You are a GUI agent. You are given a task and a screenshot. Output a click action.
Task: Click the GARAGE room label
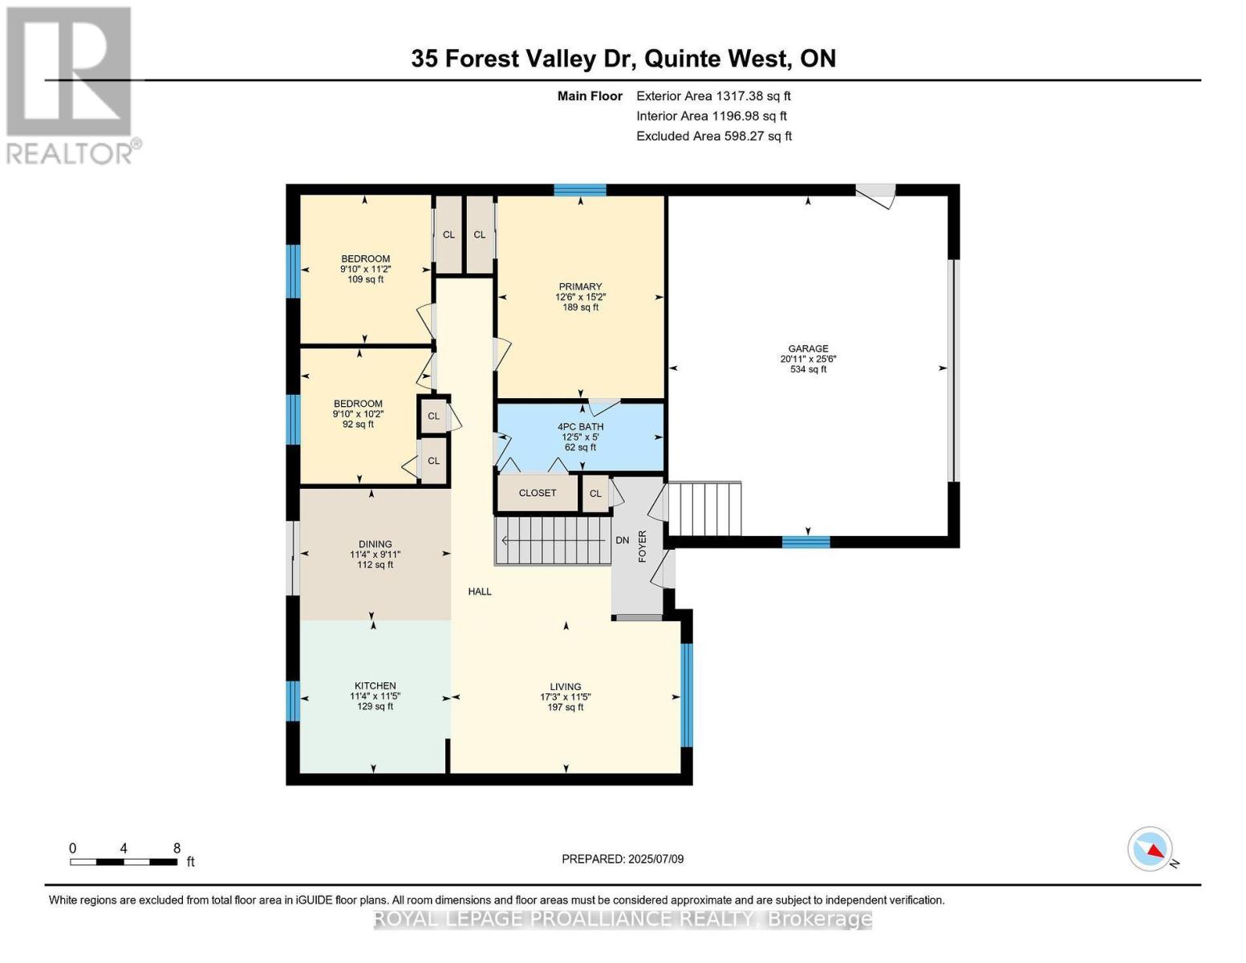pos(808,349)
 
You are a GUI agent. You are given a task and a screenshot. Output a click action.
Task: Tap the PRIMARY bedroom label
pos(580,287)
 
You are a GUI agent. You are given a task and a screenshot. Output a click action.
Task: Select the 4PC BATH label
pos(580,427)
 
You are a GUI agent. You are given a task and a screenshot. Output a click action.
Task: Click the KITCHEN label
pos(375,686)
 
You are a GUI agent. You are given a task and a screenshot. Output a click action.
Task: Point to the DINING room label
pos(375,544)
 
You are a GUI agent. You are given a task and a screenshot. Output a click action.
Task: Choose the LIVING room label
pos(566,687)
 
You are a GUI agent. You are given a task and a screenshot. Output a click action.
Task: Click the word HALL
pos(480,591)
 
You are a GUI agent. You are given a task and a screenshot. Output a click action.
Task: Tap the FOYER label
pos(642,546)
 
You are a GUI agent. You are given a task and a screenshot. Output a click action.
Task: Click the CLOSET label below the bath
pos(537,493)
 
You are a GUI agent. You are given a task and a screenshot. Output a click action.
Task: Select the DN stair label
pos(623,540)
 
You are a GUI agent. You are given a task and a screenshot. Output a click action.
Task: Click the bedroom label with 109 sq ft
pos(365,259)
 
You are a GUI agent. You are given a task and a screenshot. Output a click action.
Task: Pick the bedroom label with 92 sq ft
pos(358,404)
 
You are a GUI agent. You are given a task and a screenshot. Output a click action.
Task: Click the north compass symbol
pos(1151,849)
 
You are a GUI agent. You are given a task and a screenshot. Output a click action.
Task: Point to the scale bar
pos(124,862)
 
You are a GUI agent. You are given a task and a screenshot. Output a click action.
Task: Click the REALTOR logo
pos(71,84)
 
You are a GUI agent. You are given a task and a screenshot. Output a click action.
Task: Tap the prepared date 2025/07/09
pos(623,859)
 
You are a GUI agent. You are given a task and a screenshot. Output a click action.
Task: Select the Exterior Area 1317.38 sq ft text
pos(713,95)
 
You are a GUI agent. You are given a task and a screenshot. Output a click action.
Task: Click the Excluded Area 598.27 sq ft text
pos(713,136)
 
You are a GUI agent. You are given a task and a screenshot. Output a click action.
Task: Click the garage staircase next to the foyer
pos(704,509)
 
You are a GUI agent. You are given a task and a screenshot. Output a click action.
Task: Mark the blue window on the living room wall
pos(686,695)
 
